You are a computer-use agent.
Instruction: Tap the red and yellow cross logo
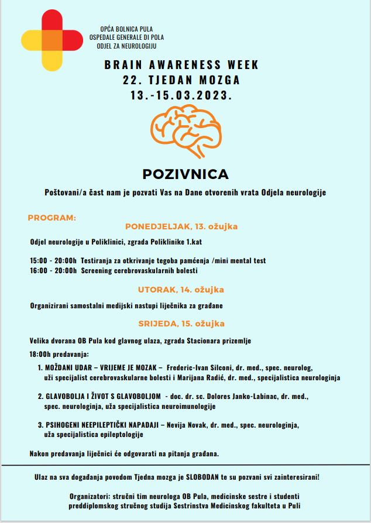point(51,39)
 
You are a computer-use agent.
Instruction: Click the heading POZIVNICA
point(185,174)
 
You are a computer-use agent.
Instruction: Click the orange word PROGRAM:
point(51,218)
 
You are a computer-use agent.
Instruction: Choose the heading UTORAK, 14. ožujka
point(181,290)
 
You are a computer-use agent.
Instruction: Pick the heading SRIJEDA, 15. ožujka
point(181,324)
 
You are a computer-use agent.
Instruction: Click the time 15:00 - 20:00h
point(53,260)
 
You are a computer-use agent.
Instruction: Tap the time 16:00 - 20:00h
point(53,271)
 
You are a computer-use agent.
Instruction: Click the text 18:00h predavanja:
point(59,355)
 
